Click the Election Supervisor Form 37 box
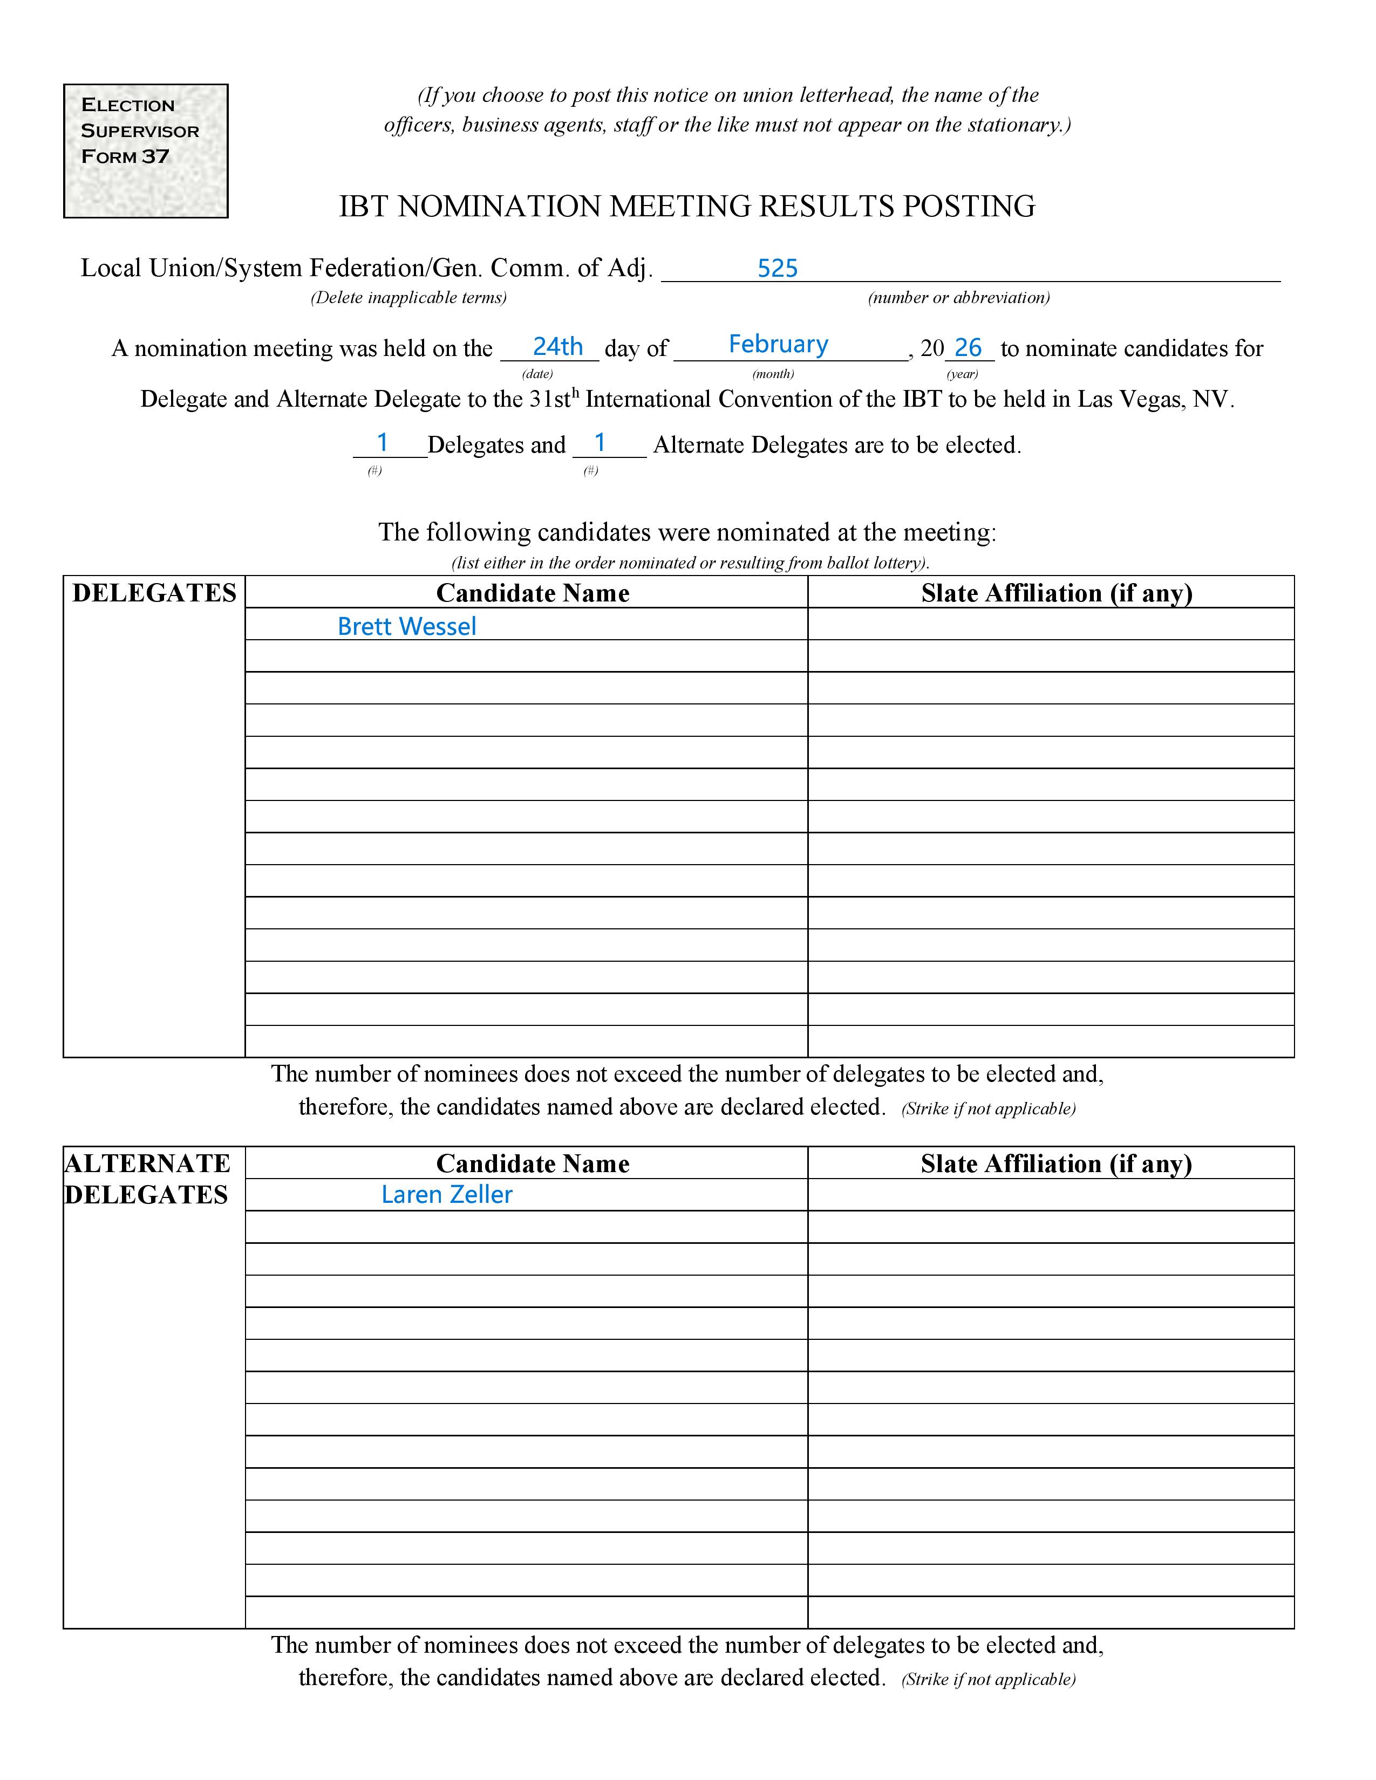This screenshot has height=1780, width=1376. (x=145, y=151)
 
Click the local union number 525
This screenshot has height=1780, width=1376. (x=777, y=269)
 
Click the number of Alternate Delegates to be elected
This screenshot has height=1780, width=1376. (x=600, y=443)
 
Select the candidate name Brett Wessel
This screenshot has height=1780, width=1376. (x=407, y=627)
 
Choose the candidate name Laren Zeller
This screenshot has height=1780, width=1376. (x=447, y=1195)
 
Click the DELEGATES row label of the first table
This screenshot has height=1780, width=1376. (x=154, y=593)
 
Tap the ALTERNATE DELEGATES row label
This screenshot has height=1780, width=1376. (x=147, y=1179)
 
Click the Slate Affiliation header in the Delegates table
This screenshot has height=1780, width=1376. (x=1057, y=593)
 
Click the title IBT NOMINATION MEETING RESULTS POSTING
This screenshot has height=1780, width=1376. (x=686, y=207)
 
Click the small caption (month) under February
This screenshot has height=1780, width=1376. (x=773, y=374)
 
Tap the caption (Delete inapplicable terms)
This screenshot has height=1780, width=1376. (x=408, y=298)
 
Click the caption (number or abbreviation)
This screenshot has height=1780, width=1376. (x=959, y=298)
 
